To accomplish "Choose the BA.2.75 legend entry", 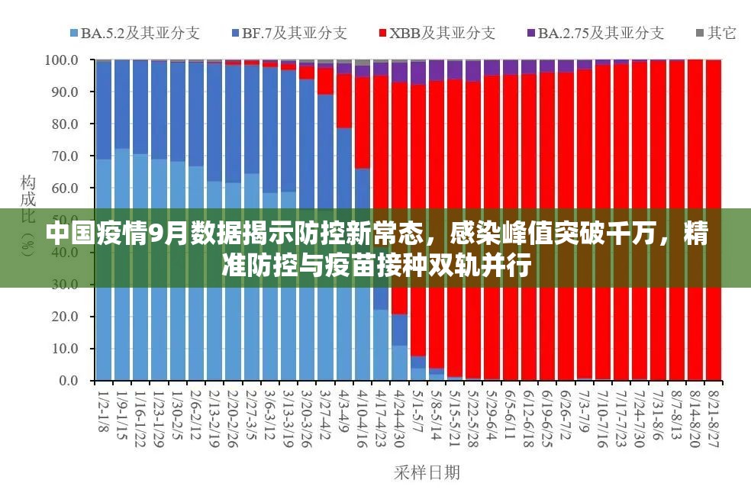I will click(595, 33).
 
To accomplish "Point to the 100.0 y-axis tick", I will click(62, 60).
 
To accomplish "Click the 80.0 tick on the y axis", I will click(64, 124).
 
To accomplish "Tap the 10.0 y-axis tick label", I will click(64, 349).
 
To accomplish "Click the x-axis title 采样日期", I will click(427, 473).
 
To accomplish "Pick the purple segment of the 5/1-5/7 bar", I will click(418, 73).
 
